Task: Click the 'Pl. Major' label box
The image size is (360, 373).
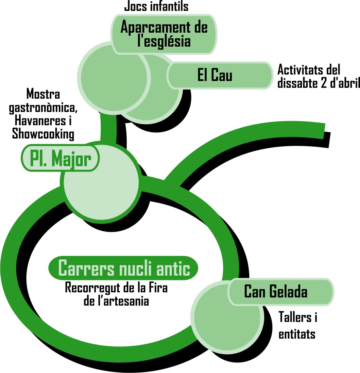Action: pyautogui.click(x=60, y=158)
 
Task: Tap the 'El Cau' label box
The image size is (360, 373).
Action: pyautogui.click(x=220, y=76)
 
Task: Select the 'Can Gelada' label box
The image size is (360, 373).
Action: pyautogui.click(x=281, y=292)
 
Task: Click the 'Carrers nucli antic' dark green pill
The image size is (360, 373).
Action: pyautogui.click(x=123, y=268)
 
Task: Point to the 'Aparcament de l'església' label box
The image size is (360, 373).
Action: pyautogui.click(x=164, y=34)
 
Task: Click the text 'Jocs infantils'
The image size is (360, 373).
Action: pyautogui.click(x=156, y=6)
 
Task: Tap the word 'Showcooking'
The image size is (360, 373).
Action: pyautogui.click(x=43, y=134)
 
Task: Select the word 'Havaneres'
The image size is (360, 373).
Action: pyautogui.click(x=40, y=120)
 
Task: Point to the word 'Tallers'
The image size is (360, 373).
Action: pyautogui.click(x=295, y=317)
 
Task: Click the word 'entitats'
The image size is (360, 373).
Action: pyautogui.click(x=297, y=334)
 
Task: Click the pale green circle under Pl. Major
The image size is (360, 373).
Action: pyautogui.click(x=101, y=182)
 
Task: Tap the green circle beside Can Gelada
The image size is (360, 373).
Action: pyautogui.click(x=228, y=317)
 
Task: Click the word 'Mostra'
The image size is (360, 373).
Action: pyautogui.click(x=43, y=94)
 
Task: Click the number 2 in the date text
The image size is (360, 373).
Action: pyautogui.click(x=324, y=83)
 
